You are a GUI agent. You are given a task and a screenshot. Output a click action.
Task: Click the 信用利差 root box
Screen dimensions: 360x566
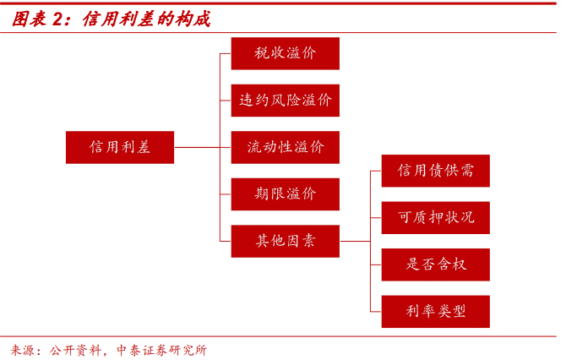click(120, 147)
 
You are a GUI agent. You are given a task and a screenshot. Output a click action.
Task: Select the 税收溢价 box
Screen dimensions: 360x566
click(286, 53)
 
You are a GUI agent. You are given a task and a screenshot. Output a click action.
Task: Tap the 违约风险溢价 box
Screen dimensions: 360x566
click(286, 101)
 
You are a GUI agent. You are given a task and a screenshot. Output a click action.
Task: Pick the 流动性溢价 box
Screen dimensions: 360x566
click(286, 147)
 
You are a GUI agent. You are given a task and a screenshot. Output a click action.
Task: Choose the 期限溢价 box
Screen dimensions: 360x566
click(286, 194)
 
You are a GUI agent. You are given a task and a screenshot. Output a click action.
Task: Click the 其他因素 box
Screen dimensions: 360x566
click(286, 241)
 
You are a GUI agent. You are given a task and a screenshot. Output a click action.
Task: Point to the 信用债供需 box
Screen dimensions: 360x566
click(436, 171)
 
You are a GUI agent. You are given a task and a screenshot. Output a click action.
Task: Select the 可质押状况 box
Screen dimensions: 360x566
click(436, 217)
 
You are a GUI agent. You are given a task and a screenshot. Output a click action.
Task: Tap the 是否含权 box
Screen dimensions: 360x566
click(436, 265)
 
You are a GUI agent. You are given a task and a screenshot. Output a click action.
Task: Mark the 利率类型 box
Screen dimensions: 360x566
click(436, 311)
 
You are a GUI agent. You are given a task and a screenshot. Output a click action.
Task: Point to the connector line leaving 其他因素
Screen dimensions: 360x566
click(355, 241)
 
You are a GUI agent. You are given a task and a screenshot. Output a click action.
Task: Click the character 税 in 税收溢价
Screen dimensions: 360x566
click(262, 53)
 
